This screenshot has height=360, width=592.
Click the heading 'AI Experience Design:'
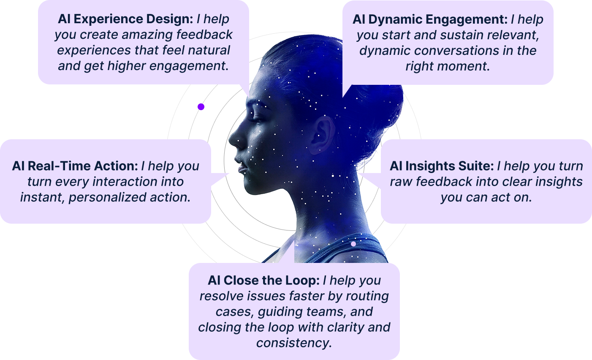(x=125, y=19)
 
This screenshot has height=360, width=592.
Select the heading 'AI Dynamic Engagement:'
(x=430, y=19)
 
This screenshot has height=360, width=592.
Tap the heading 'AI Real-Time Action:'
(x=75, y=166)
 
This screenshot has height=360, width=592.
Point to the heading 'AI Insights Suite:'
(x=441, y=166)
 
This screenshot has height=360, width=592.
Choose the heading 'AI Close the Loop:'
(x=263, y=281)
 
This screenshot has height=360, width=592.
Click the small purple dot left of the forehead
(x=201, y=107)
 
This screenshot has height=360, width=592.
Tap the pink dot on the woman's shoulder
(x=353, y=244)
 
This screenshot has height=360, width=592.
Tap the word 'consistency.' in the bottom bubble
(x=294, y=343)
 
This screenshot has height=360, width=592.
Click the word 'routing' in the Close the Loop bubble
(x=367, y=296)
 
